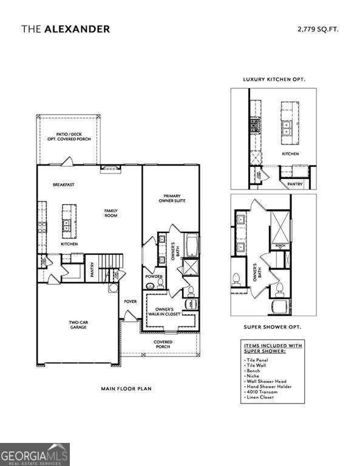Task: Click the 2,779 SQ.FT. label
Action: (318, 29)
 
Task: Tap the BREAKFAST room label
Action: (63, 185)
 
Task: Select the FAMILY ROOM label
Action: (110, 214)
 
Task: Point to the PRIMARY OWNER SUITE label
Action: (174, 198)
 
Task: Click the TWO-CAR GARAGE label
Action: (77, 325)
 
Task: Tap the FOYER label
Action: (130, 302)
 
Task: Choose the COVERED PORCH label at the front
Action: (163, 344)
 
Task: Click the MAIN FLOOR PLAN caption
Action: (126, 388)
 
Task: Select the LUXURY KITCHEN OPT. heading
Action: (274, 79)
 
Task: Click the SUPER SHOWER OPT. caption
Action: (273, 326)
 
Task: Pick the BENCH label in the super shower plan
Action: (280, 246)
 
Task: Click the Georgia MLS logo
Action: (35, 454)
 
